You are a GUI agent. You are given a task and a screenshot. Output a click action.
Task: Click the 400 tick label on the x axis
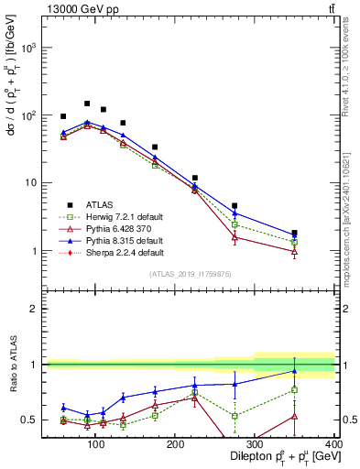pyautogui.click(x=333, y=444)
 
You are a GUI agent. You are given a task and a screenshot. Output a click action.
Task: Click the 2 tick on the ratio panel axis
pyautogui.click(x=35, y=309)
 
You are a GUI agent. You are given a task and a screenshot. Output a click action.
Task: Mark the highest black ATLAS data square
pyautogui.click(x=87, y=104)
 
